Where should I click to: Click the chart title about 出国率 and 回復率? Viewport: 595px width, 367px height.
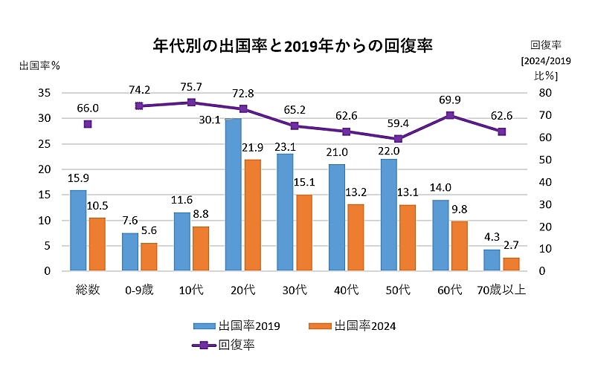point(292,45)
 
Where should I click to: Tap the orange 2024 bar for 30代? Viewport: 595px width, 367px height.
point(304,233)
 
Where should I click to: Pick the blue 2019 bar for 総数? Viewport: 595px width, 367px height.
point(78,230)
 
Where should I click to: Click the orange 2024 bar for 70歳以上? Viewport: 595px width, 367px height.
point(511,264)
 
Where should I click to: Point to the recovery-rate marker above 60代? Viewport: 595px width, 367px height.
point(450,115)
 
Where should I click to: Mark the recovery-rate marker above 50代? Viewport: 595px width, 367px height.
point(398,139)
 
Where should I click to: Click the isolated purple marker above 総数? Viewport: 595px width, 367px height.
point(88,124)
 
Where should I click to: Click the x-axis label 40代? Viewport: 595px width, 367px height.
point(346,289)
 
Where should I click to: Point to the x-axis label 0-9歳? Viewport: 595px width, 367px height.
point(139,289)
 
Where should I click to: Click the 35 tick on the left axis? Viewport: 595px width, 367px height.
point(44,93)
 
